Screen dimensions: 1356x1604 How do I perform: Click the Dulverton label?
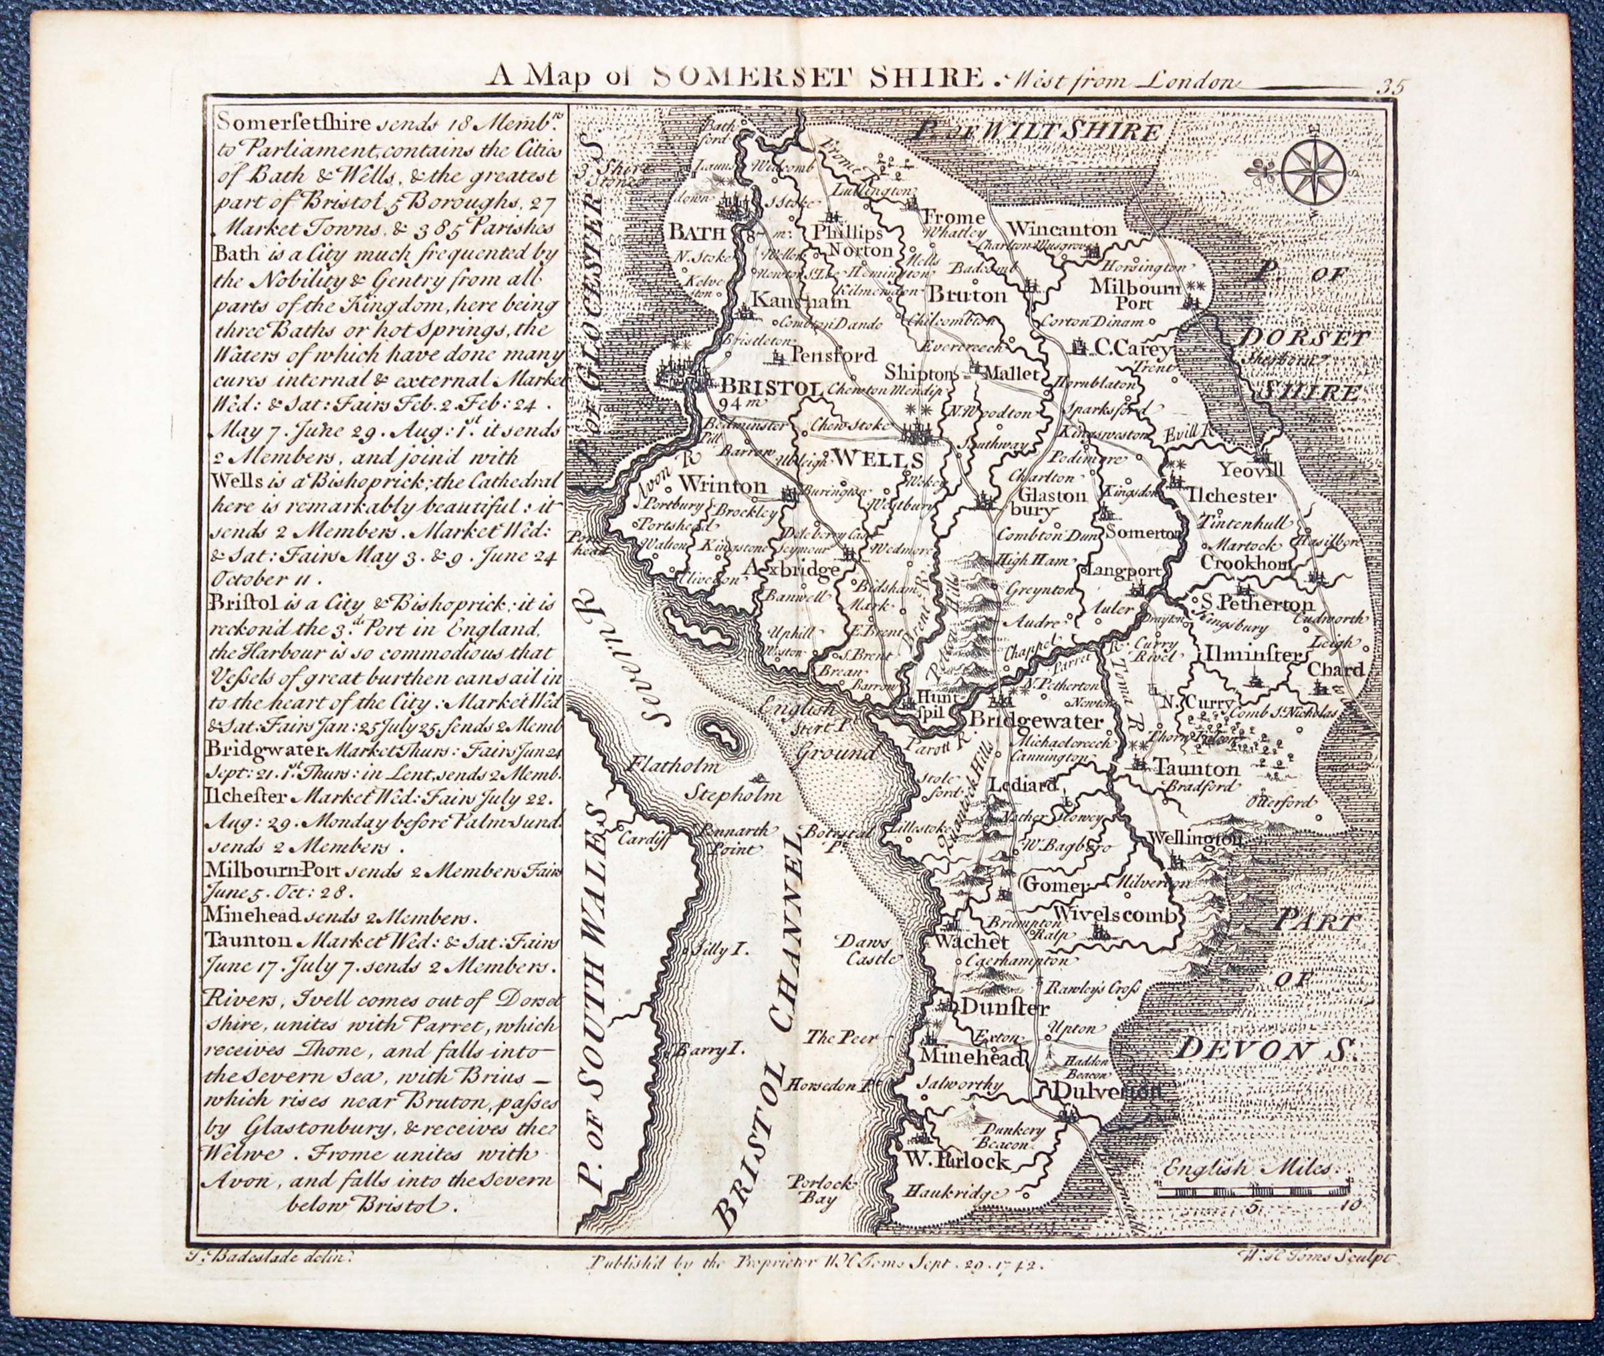click(1105, 1091)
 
